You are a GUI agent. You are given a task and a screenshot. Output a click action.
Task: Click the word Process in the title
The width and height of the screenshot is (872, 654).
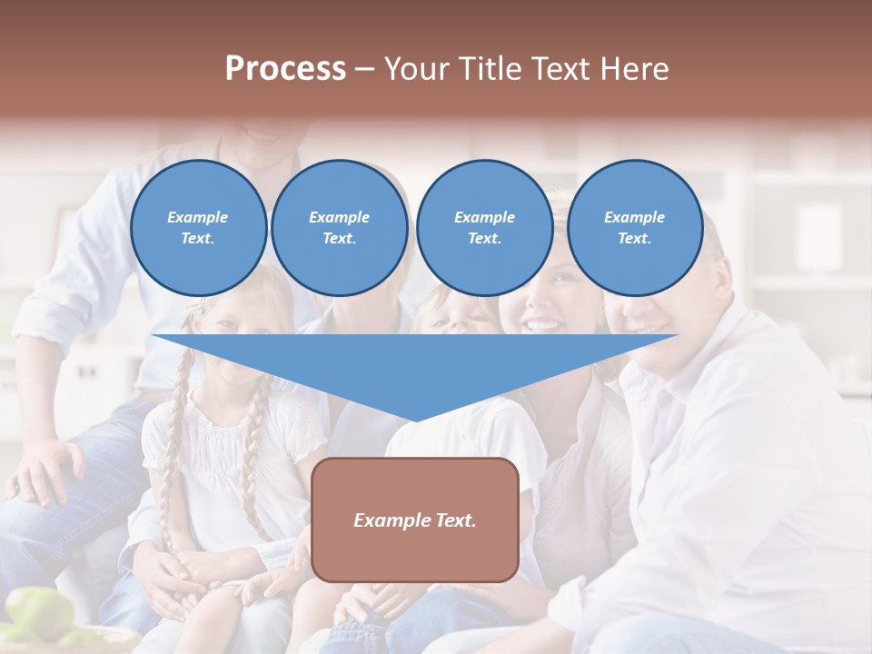(x=285, y=69)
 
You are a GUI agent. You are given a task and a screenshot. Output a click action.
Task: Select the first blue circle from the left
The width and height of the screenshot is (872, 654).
(x=198, y=228)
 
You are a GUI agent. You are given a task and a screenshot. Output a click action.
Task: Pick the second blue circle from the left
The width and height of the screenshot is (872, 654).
(x=340, y=228)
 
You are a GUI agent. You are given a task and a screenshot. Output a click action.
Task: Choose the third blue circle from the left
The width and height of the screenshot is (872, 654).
(x=484, y=228)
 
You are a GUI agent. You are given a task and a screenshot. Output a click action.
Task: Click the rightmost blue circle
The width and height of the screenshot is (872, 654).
(x=635, y=228)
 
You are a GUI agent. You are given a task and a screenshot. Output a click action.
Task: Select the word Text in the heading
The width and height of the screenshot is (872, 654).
(x=560, y=69)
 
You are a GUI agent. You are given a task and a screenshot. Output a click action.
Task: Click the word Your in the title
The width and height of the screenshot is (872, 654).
(x=416, y=69)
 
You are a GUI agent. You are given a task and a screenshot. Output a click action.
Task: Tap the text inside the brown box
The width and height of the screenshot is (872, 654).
(x=415, y=520)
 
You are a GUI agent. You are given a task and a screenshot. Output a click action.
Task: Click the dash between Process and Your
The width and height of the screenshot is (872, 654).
(x=365, y=69)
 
